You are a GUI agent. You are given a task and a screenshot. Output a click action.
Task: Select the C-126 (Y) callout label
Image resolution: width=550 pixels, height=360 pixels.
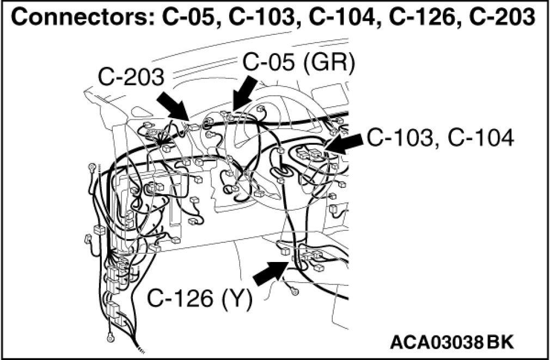(x=199, y=299)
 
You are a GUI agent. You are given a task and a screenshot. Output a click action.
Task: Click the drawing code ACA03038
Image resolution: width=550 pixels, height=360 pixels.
(x=437, y=343)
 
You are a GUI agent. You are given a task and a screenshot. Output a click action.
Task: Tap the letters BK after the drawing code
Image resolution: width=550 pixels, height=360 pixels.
(x=500, y=343)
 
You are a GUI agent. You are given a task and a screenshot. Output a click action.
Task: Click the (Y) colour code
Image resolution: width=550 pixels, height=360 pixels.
(x=236, y=299)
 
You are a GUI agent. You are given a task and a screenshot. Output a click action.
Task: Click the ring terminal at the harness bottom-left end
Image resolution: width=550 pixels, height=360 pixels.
(x=111, y=335)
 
